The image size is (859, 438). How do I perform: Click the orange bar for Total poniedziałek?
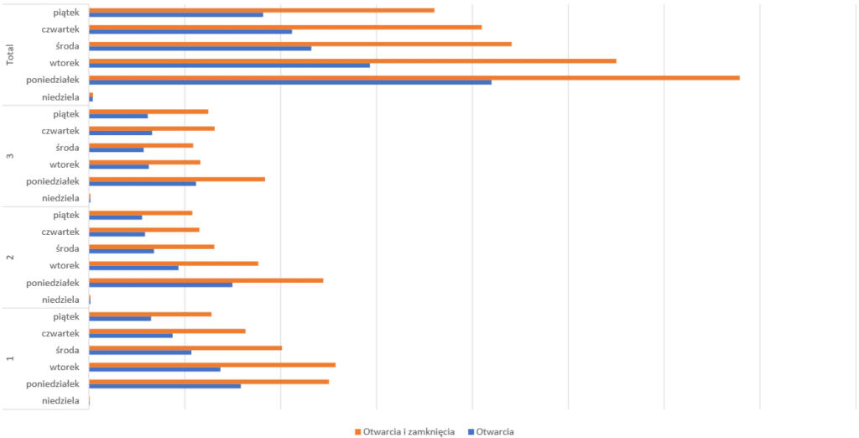tap(414, 77)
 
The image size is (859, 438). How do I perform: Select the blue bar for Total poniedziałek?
tap(289, 82)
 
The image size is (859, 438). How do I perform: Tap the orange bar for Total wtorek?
tap(352, 60)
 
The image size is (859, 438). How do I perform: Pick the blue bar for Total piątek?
tap(175, 14)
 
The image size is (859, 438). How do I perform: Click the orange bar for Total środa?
tap(299, 44)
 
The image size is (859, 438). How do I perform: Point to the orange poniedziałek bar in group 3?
tap(176, 179)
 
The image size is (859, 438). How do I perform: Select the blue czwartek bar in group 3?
tap(120, 133)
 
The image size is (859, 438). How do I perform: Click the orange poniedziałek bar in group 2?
tap(206, 279)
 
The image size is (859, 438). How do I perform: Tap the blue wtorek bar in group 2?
tap(133, 268)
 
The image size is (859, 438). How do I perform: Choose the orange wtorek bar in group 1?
tap(211, 364)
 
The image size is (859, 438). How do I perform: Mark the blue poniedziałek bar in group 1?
tap(164, 386)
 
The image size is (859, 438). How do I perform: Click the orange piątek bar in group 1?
tap(150, 314)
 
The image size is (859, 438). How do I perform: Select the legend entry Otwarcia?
tap(495, 431)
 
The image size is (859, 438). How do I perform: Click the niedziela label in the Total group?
tap(60, 97)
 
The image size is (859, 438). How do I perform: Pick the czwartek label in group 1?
tap(60, 333)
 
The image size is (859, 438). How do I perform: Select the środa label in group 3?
tap(66, 148)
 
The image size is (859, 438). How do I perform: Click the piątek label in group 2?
tap(65, 215)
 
